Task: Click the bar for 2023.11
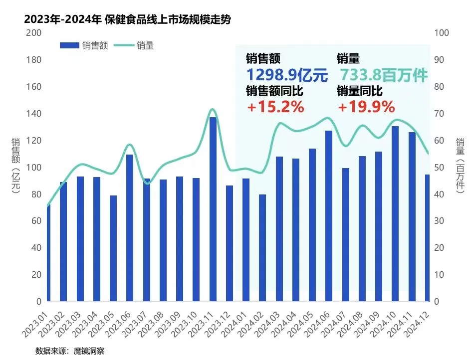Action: (213, 209)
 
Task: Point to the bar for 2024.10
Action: (395, 214)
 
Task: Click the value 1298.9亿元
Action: (287, 75)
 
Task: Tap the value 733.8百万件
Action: (384, 75)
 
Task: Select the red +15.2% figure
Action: (275, 107)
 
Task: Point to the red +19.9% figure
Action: (366, 107)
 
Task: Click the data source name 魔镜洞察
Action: (90, 351)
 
